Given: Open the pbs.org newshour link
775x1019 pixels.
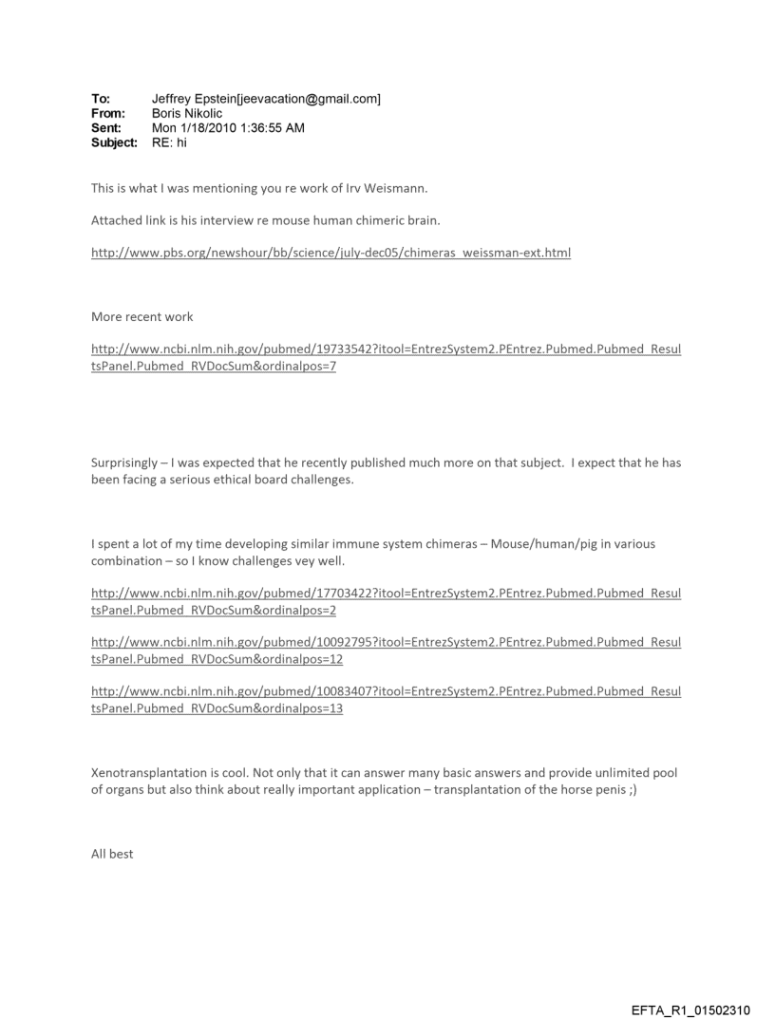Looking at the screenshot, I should click(331, 253).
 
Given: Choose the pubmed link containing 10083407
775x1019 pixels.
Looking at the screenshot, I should click(385, 691).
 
